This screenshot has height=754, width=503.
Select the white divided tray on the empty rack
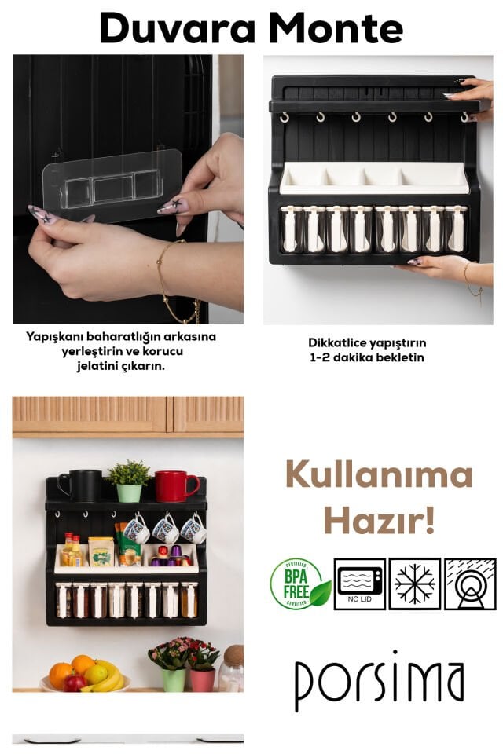click(375, 178)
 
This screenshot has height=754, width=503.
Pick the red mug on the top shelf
click(174, 486)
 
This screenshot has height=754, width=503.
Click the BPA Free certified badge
click(299, 584)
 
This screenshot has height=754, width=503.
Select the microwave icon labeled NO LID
click(360, 584)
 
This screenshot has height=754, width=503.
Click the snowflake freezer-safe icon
click(415, 584)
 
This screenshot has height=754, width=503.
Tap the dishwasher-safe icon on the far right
click(470, 584)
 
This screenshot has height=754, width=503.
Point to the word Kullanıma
click(379, 475)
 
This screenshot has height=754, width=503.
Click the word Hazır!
click(380, 520)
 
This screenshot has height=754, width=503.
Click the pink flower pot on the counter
click(202, 679)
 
